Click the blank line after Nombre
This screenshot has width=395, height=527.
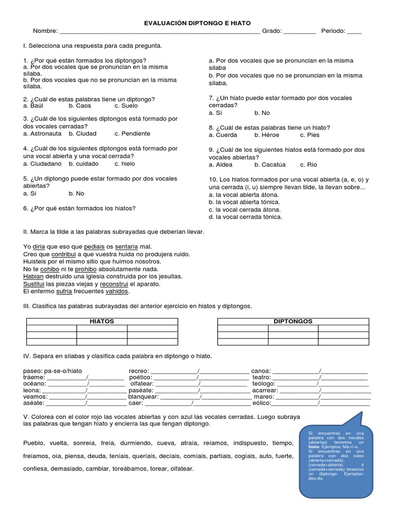click(x=159, y=32)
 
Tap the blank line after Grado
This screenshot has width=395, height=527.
click(x=299, y=32)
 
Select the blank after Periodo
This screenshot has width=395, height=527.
click(x=354, y=32)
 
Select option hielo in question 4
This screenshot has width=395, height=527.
click(x=125, y=164)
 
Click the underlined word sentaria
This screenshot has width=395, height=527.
click(x=127, y=247)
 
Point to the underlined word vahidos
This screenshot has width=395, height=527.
click(x=117, y=291)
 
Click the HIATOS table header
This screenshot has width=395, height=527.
click(x=102, y=321)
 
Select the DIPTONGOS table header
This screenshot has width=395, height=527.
click(x=293, y=321)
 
